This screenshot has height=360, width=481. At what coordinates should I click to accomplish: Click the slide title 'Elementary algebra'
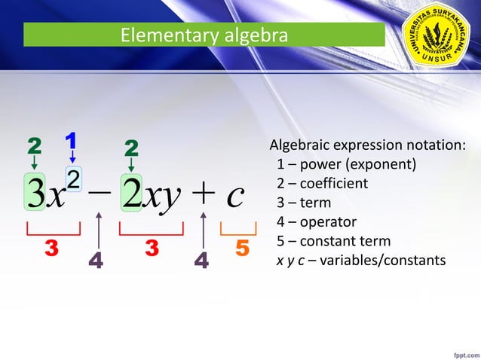point(204,35)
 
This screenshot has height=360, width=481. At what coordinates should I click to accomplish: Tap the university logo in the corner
point(437,35)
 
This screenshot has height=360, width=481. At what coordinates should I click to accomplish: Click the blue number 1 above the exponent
point(72,140)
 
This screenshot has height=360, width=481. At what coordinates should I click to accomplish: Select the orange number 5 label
point(242,248)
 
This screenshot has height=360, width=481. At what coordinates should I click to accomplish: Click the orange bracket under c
point(233,228)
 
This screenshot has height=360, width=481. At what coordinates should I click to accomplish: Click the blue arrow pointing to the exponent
point(72,156)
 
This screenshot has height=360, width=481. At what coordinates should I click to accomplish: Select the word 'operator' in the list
point(328,222)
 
